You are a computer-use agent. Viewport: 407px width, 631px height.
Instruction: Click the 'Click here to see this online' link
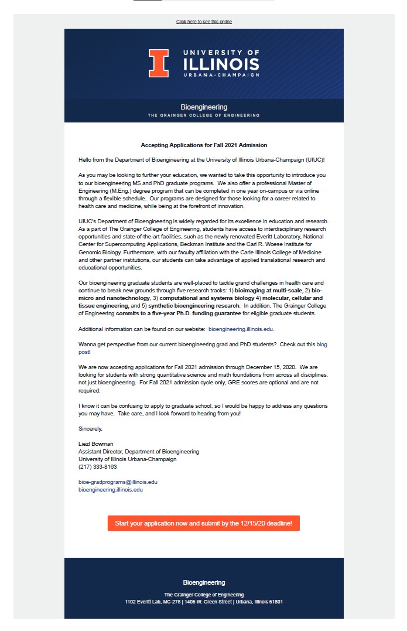(x=204, y=22)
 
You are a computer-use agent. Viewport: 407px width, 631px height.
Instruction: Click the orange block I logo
(x=158, y=63)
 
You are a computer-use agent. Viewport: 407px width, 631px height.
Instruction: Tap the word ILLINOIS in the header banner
(x=221, y=63)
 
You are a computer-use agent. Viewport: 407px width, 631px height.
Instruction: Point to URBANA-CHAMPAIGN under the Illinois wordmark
(x=221, y=76)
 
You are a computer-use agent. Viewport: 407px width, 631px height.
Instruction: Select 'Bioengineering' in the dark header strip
(x=204, y=107)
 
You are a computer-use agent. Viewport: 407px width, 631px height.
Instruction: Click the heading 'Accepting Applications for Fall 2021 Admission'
(x=204, y=145)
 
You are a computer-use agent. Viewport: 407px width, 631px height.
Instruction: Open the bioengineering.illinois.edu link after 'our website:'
(x=241, y=329)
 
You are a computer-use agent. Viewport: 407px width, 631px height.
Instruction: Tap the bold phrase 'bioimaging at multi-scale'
(x=268, y=291)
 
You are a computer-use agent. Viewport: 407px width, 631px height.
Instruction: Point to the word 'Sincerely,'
(x=90, y=428)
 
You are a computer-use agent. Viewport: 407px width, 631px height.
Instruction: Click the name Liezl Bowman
(x=95, y=444)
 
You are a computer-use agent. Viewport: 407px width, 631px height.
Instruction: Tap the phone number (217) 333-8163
(x=97, y=467)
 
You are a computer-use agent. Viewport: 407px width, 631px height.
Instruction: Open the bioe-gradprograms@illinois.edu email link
(x=118, y=482)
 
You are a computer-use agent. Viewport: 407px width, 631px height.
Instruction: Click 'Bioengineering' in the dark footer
(x=204, y=582)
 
